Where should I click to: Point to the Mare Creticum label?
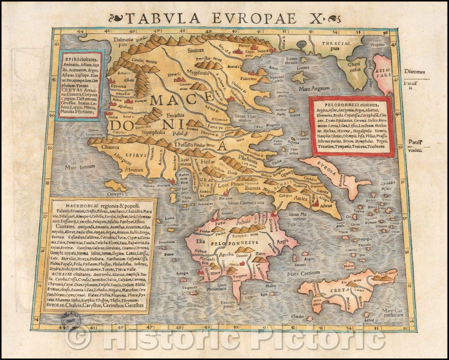(x=304, y=272)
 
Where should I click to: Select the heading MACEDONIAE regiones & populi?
(x=100, y=206)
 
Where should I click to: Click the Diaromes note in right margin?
(x=414, y=72)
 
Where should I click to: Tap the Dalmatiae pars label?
(x=123, y=42)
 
